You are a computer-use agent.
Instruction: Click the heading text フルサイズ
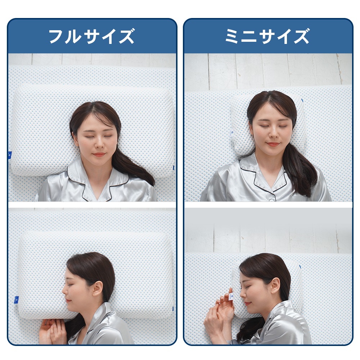click(x=91, y=36)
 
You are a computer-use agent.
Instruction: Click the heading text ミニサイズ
click(x=267, y=36)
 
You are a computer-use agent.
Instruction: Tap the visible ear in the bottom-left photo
click(x=97, y=289)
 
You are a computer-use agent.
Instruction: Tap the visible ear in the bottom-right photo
click(x=275, y=285)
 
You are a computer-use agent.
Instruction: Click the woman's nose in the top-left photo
click(x=99, y=144)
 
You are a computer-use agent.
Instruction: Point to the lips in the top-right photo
click(x=273, y=144)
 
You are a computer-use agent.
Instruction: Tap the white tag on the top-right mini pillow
click(x=231, y=134)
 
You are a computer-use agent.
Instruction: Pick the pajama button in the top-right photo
click(x=272, y=200)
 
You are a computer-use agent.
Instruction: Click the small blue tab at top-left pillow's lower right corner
click(x=174, y=168)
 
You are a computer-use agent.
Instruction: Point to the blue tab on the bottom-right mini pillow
click(x=300, y=266)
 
